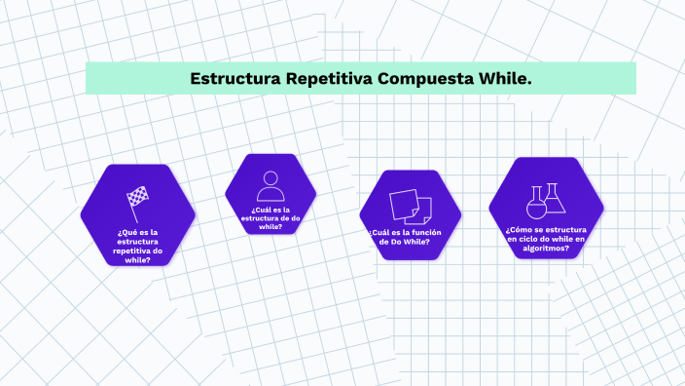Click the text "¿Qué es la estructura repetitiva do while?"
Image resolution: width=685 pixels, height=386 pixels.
pyautogui.click(x=137, y=246)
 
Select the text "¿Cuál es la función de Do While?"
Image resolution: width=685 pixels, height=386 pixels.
pyautogui.click(x=407, y=236)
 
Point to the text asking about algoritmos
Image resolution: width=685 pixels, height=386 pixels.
pyautogui.click(x=546, y=238)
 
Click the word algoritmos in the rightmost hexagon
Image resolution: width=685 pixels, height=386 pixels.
pyautogui.click(x=546, y=248)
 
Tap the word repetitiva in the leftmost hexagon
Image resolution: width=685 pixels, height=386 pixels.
pyautogui.click(x=131, y=251)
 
